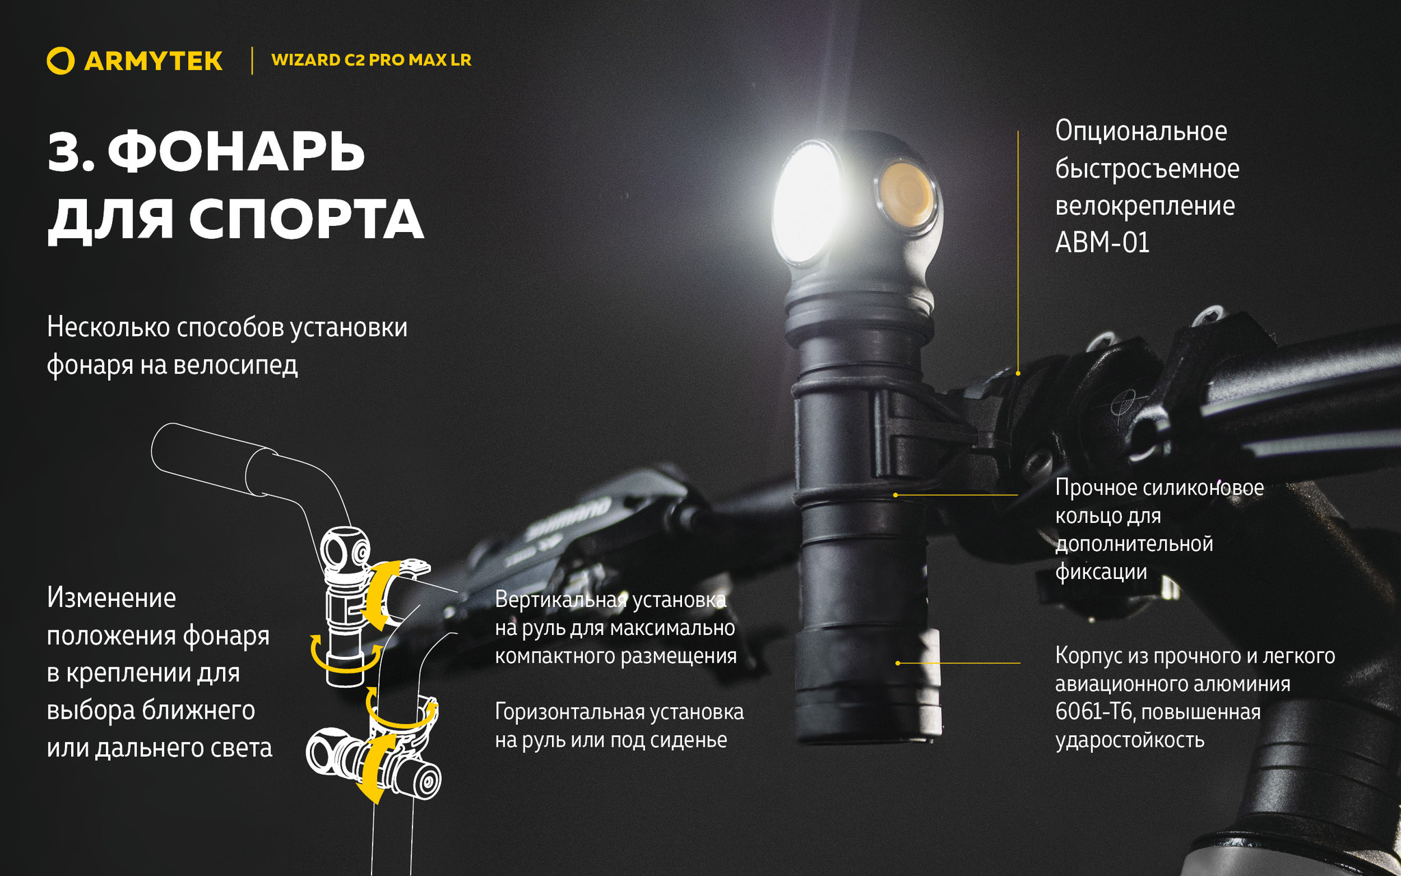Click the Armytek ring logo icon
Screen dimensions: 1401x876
[x=60, y=60]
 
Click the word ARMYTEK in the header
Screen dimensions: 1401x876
[x=153, y=61]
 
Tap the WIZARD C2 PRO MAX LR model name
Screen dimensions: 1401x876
[x=371, y=60]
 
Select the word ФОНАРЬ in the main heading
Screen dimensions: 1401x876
[x=236, y=151]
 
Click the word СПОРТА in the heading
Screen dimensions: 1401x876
[x=306, y=220]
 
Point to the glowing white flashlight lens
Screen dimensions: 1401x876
[x=807, y=203]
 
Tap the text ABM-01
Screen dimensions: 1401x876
[x=1102, y=242]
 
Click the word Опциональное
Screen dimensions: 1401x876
[x=1141, y=131]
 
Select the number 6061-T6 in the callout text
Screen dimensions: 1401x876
[x=1095, y=712]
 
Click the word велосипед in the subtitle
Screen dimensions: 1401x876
[x=235, y=365]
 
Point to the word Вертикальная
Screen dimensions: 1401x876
[x=561, y=600]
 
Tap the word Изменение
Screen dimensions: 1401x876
[x=112, y=598]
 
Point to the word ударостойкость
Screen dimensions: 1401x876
[x=1129, y=740]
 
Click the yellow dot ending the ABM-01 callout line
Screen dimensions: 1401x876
[x=1018, y=373]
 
